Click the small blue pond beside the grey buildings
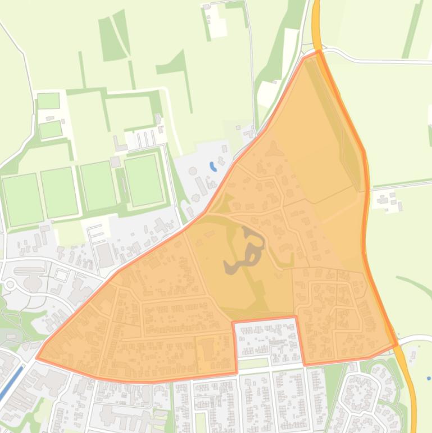[212, 167]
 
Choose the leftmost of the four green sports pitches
[22, 200]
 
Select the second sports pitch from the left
[59, 192]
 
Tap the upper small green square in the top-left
[48, 101]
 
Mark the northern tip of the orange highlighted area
[318, 52]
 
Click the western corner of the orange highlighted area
[38, 357]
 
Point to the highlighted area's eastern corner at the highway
[397, 344]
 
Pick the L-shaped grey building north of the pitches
[119, 145]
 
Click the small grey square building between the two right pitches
[115, 162]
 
